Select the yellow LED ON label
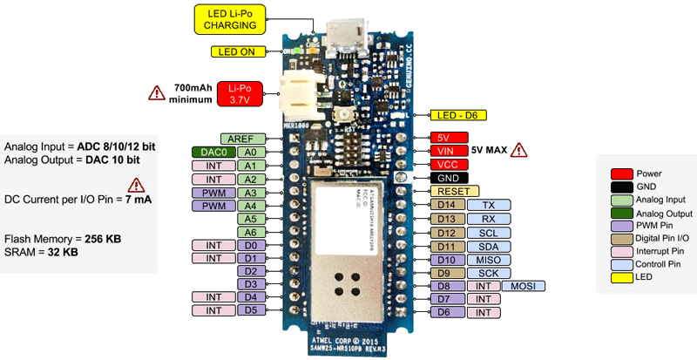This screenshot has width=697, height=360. pyautogui.click(x=235, y=51)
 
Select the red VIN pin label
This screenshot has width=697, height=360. pyautogui.click(x=448, y=151)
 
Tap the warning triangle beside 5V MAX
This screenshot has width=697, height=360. pyautogui.click(x=520, y=149)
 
